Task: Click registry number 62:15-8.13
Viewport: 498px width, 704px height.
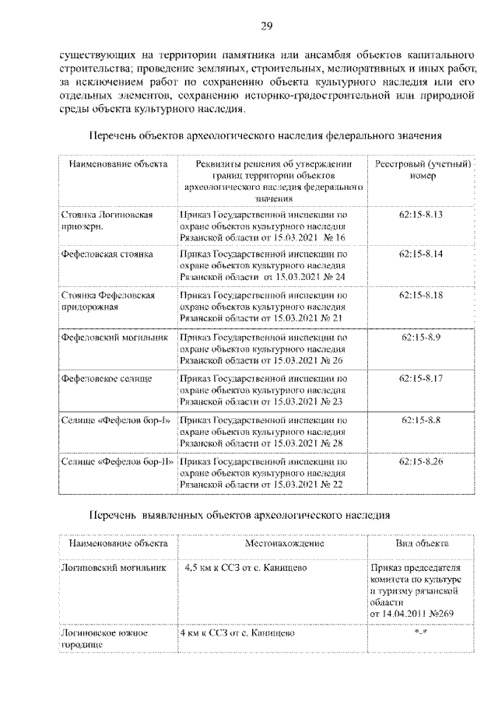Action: click(x=421, y=213)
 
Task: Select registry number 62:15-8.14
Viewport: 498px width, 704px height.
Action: click(x=421, y=254)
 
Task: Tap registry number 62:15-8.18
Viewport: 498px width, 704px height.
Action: click(x=421, y=296)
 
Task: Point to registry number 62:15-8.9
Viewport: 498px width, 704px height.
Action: click(x=421, y=337)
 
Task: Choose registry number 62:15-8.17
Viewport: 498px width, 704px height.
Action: click(x=421, y=378)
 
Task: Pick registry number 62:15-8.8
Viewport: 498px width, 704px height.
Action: click(x=421, y=420)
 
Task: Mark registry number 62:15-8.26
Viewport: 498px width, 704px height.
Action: click(x=421, y=461)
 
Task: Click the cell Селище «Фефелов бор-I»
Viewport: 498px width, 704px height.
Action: click(x=115, y=420)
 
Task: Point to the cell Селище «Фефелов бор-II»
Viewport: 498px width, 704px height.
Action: click(x=117, y=461)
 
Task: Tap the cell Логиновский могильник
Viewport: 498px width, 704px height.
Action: click(x=114, y=568)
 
